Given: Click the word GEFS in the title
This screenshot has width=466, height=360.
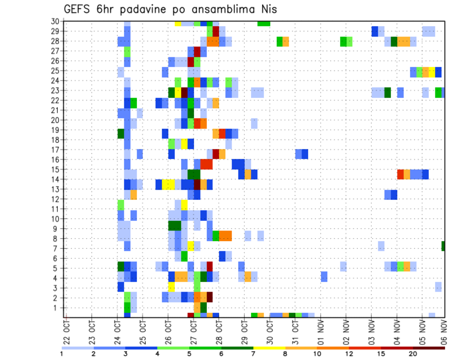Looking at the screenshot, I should (75, 9).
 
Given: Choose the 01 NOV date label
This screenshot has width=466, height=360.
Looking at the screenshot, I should (320, 331).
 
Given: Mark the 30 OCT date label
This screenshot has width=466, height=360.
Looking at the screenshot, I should (270, 331).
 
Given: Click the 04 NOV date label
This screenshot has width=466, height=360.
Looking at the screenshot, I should (397, 331).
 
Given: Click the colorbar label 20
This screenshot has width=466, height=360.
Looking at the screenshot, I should (413, 354).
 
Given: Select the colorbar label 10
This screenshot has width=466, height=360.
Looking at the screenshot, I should (316, 354).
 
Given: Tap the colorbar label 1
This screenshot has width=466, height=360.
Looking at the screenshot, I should (62, 354).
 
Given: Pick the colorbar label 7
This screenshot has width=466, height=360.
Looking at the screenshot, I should (253, 354).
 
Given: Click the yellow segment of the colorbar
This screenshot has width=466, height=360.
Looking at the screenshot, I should (269, 347).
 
